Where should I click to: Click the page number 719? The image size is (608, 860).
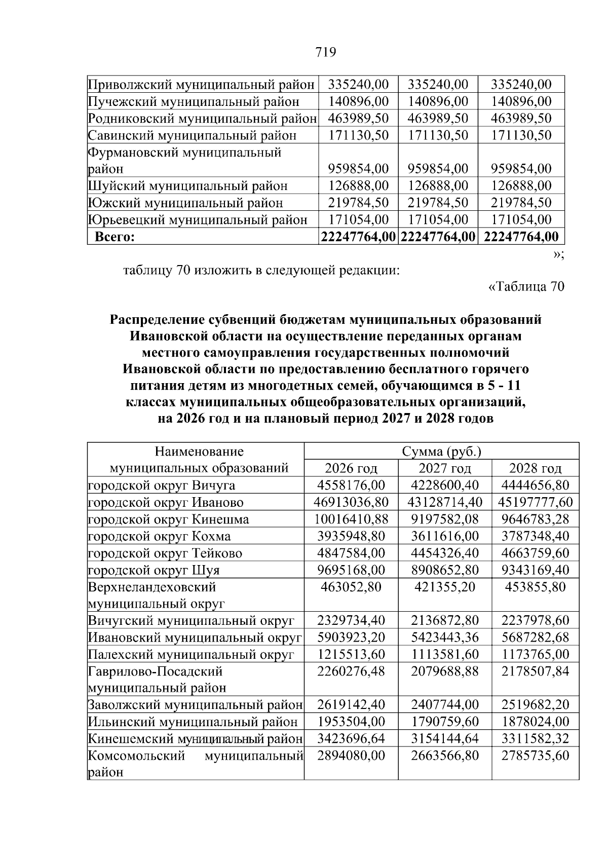point(326,52)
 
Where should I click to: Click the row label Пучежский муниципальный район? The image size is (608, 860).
point(194,102)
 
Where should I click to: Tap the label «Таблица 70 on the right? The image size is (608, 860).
point(525,287)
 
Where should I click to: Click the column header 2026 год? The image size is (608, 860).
point(351,468)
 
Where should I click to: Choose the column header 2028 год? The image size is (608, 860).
point(535,468)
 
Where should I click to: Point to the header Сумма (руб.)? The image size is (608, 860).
point(441,452)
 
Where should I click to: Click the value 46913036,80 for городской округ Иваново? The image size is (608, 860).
point(351,502)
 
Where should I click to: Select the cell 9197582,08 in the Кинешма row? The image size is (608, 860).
point(445,519)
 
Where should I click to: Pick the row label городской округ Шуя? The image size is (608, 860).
point(154,570)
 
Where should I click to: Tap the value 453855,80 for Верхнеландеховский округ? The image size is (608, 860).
point(535,587)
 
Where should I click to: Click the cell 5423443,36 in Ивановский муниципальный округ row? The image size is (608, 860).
point(445,638)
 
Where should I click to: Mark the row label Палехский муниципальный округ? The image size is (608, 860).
point(191,654)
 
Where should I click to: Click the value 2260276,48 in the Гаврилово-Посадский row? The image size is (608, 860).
point(351,671)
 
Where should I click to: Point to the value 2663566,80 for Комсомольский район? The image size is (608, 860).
point(445,756)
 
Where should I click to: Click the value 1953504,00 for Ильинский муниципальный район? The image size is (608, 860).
point(351,722)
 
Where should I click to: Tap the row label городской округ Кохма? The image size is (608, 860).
point(159,536)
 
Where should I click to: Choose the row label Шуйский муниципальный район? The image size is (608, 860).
point(188,186)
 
